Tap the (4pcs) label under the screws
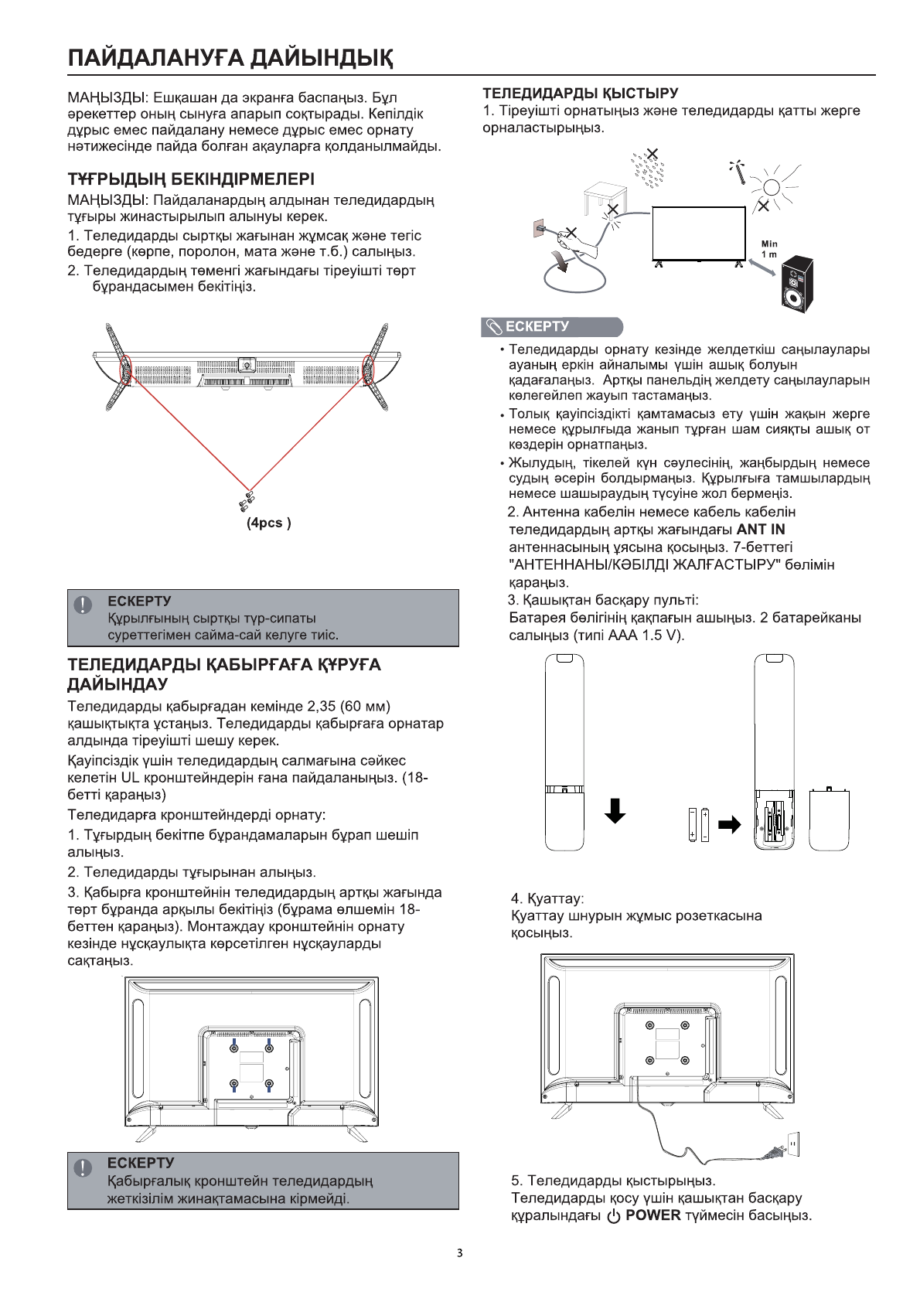pyautogui.click(x=268, y=523)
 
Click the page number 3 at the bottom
pyautogui.click(x=460, y=1253)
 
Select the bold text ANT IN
pyautogui.click(x=761, y=530)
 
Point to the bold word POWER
pyautogui.click(x=653, y=1215)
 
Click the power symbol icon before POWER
pyautogui.click(x=614, y=1216)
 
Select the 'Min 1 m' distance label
pyautogui.click(x=769, y=249)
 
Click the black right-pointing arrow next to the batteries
pyautogui.click(x=729, y=824)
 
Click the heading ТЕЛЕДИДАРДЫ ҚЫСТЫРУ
pyautogui.click(x=581, y=94)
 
